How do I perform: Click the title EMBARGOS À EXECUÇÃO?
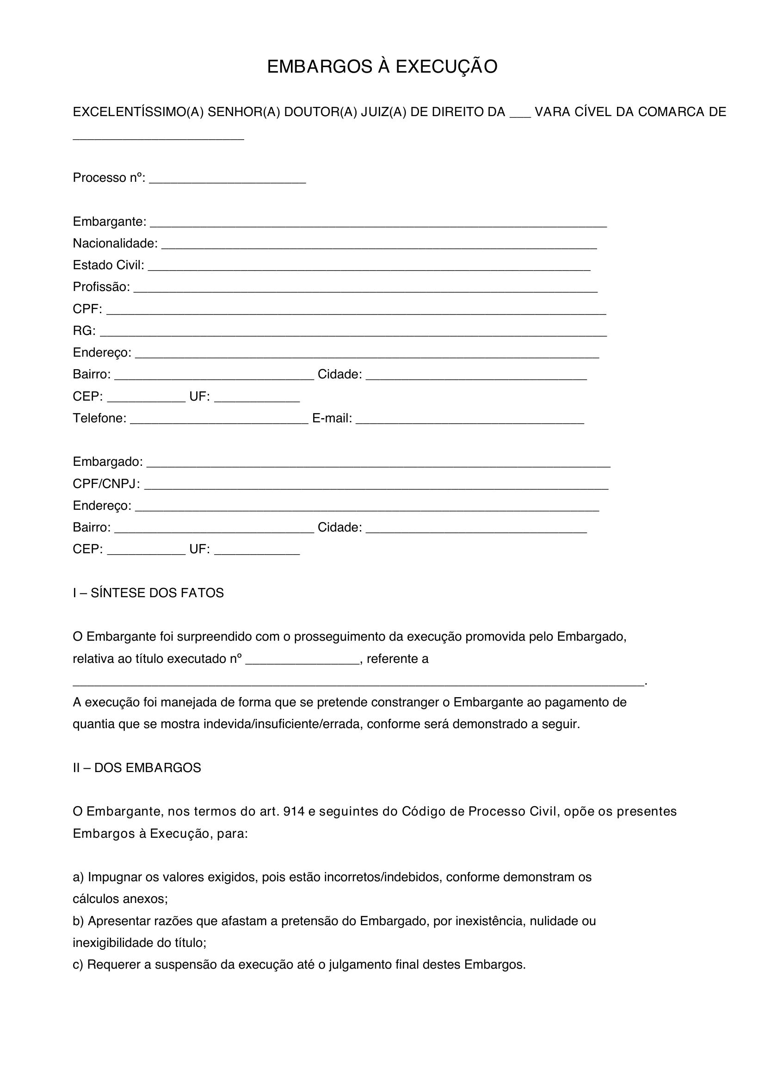(382, 67)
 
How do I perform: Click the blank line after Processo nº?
(228, 181)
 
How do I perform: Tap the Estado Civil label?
(108, 266)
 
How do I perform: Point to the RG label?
(84, 331)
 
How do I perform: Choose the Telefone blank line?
(219, 421)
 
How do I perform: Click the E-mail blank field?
(469, 421)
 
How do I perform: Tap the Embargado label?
(107, 462)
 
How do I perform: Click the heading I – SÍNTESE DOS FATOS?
(148, 593)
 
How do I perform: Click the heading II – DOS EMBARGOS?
(136, 768)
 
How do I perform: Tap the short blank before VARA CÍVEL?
(520, 115)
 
